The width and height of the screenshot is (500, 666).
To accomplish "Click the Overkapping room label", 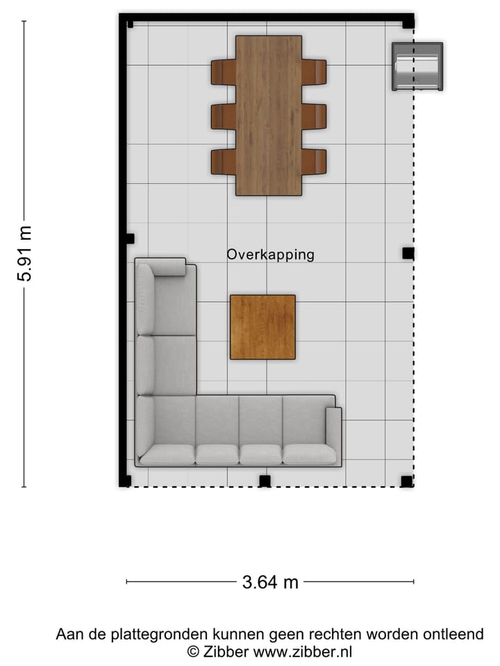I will click(270, 255).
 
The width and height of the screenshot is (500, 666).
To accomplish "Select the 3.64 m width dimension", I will click(270, 582).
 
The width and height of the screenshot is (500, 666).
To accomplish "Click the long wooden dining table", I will click(269, 115).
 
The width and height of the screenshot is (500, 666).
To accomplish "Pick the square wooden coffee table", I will click(262, 327).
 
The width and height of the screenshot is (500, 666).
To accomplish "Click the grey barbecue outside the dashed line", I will click(417, 67).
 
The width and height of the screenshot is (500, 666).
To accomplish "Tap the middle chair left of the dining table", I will click(224, 117).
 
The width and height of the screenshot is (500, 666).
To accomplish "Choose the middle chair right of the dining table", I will click(314, 117).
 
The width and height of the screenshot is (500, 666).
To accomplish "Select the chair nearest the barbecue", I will click(314, 71).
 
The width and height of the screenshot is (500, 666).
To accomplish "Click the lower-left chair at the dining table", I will click(224, 162).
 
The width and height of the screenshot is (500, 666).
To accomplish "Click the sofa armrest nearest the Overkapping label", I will click(167, 267).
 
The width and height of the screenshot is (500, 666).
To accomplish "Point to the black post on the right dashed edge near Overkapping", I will click(408, 253).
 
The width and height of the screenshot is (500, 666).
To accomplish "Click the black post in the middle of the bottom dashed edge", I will click(265, 481).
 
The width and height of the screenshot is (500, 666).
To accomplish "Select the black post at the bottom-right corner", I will click(407, 481).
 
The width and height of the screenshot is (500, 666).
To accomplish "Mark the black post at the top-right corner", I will click(408, 22).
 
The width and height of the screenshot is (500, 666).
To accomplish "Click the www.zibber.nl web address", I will click(303, 651).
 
